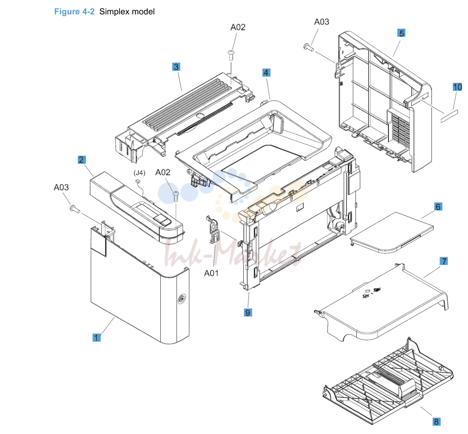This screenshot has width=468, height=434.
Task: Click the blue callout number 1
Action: point(96,338)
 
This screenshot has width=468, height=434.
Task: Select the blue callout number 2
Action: point(82,159)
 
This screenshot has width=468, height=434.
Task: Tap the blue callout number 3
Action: point(176,67)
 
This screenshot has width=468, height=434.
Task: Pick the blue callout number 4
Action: point(266,72)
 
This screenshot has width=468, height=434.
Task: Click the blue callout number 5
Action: point(402,33)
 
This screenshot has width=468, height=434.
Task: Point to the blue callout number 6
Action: point(438,207)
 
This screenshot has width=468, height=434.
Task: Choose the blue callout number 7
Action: point(444,261)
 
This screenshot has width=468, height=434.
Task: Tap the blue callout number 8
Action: point(436,421)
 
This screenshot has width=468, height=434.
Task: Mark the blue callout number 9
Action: point(248,312)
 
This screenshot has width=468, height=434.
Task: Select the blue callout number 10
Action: point(457,87)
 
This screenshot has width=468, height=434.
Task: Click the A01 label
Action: point(211,273)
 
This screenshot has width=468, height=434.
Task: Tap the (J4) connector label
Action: point(139,173)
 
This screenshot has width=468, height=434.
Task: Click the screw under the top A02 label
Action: point(231,55)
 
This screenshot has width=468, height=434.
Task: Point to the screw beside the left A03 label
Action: point(74,209)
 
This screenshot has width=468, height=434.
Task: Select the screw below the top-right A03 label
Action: point(308,47)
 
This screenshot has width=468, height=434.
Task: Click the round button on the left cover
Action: point(181,299)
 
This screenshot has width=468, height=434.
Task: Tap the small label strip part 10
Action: point(449,116)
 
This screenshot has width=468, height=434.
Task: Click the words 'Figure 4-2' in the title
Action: point(74,12)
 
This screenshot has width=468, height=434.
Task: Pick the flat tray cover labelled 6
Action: point(391,233)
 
